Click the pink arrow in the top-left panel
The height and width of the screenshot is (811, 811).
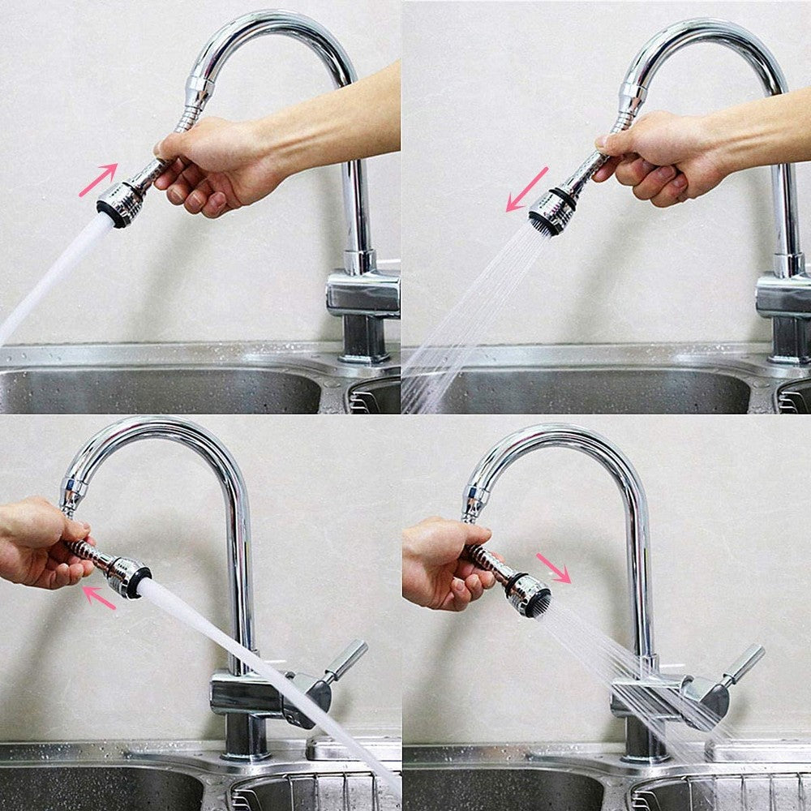pos(98,180)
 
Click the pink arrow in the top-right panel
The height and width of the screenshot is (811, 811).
pos(527,189)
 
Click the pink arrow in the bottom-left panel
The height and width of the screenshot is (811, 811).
pos(99,598)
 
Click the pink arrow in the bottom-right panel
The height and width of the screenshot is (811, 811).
pos(554,567)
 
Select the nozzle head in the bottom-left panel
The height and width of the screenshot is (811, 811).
pos(131,577)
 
